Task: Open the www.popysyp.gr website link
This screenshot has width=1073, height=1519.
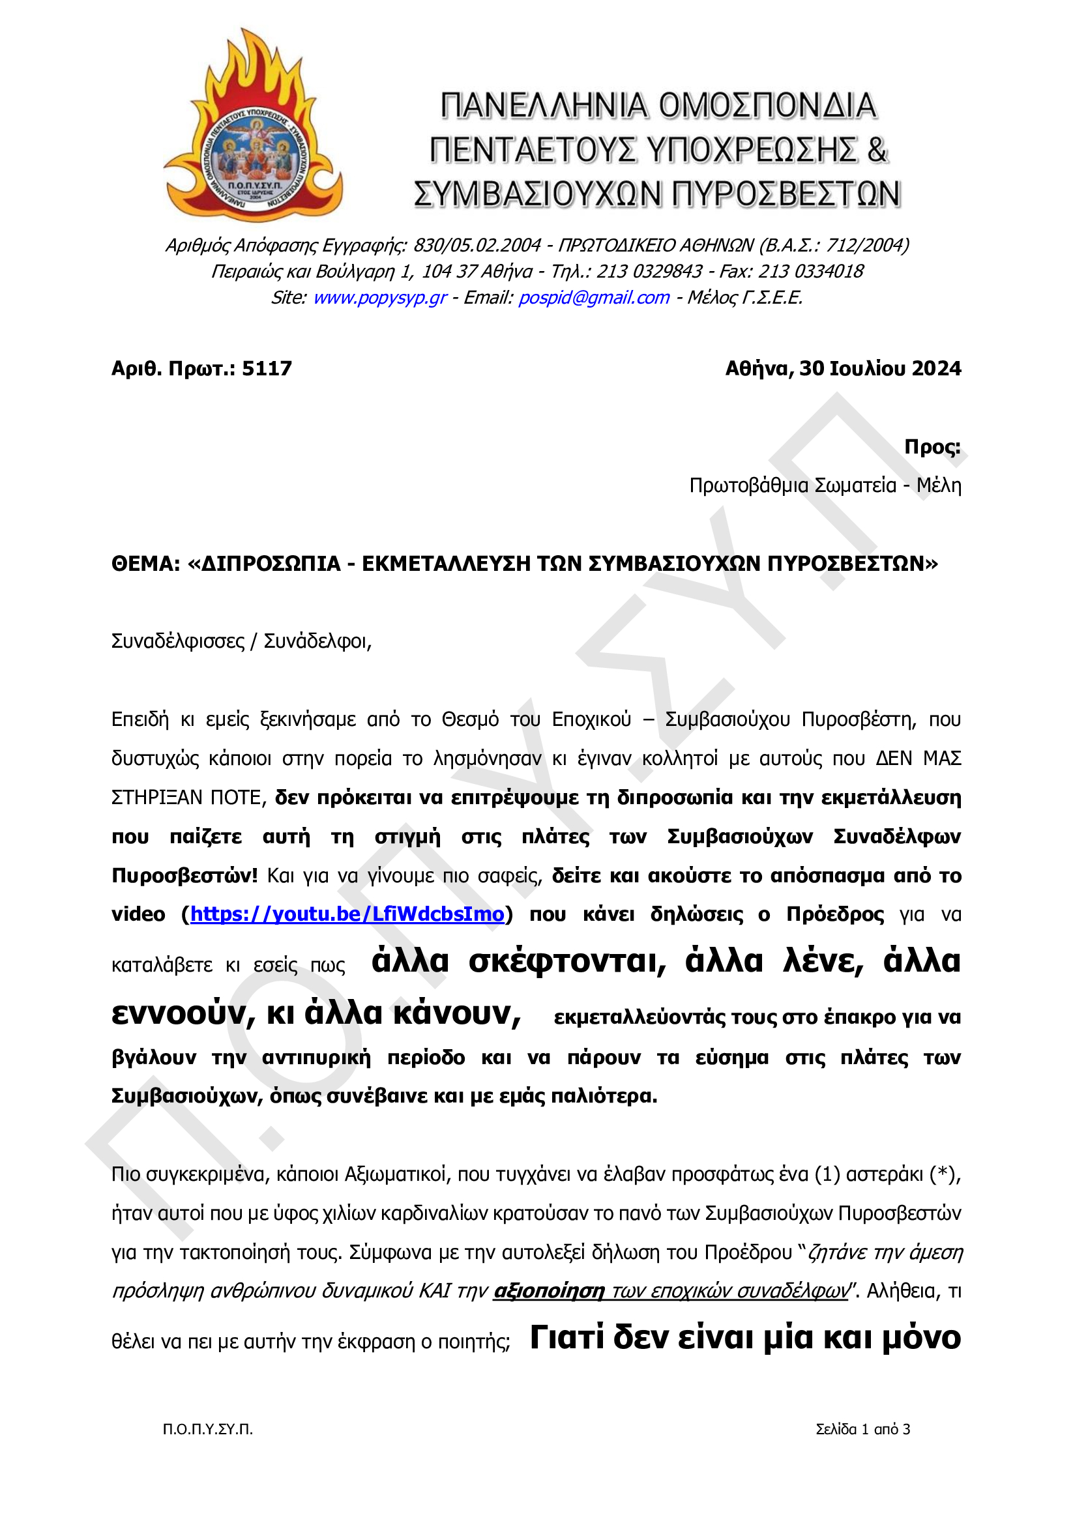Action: click(380, 298)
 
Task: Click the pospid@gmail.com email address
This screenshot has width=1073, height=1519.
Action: click(594, 298)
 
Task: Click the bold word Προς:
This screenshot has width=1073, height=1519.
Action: click(932, 447)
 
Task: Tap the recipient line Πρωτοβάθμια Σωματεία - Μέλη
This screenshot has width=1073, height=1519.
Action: click(825, 485)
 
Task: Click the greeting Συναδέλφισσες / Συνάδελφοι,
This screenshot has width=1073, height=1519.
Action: click(241, 641)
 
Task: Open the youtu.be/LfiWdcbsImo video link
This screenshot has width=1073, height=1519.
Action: click(347, 914)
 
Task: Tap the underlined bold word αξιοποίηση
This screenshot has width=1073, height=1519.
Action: click(550, 1291)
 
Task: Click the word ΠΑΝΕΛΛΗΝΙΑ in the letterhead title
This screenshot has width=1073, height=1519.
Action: click(544, 106)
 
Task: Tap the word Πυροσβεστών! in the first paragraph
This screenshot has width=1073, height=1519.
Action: click(184, 876)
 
